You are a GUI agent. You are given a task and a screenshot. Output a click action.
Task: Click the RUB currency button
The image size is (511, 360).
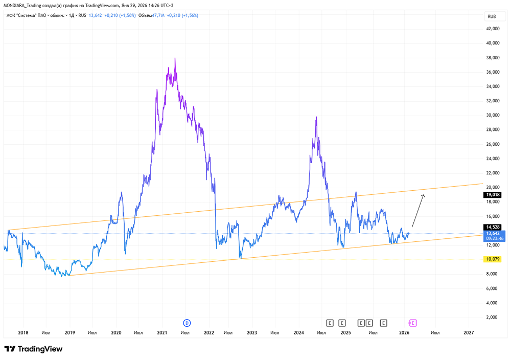pyautogui.click(x=492, y=16)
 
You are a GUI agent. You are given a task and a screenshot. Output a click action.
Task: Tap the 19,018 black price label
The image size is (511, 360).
pyautogui.click(x=492, y=195)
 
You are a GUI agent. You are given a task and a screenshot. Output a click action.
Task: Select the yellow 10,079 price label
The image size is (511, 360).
pyautogui.click(x=492, y=259)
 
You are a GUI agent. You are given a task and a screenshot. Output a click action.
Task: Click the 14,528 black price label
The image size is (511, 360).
pyautogui.click(x=492, y=227)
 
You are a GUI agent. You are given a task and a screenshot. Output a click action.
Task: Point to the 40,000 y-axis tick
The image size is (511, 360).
pyautogui.click(x=492, y=43)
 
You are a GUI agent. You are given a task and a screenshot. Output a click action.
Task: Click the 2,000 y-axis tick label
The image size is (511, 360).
pyautogui.click(x=493, y=317)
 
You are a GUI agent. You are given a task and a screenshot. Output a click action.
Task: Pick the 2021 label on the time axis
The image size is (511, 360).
pyautogui.click(x=162, y=332)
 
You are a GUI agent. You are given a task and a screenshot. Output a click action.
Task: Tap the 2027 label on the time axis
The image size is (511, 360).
pyautogui.click(x=469, y=332)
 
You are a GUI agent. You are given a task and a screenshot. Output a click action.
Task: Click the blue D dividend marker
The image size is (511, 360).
pyautogui.click(x=187, y=323)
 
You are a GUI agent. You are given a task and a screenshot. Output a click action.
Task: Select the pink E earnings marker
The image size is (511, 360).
pyautogui.click(x=413, y=323)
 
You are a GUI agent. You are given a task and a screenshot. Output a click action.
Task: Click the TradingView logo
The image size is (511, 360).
pyautogui.click(x=33, y=349)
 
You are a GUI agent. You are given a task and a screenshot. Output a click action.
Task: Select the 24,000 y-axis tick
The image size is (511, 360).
pyautogui.click(x=492, y=159)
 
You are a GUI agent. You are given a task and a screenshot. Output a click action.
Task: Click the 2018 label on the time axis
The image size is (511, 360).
pyautogui.click(x=23, y=332)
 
